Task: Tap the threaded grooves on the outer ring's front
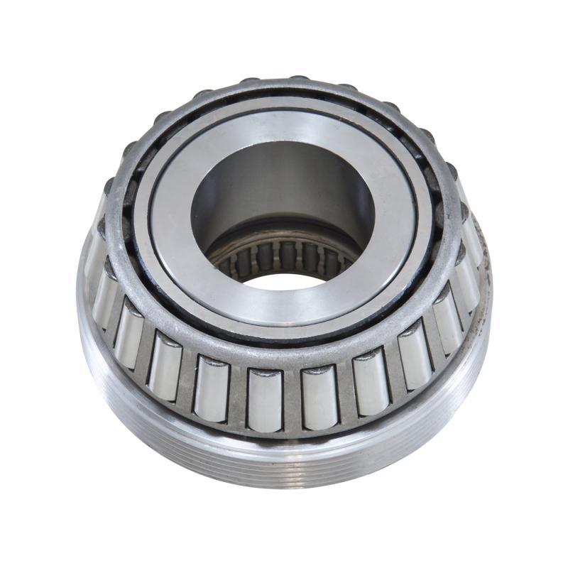284,465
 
